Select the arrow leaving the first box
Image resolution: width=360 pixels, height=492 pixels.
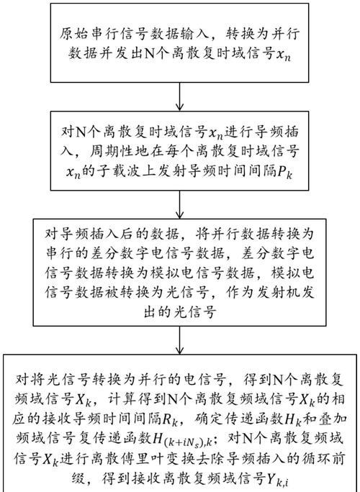click(179, 96)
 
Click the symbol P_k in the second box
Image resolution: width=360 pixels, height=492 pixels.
click(284, 172)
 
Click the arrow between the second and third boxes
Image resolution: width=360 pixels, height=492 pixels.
click(179, 204)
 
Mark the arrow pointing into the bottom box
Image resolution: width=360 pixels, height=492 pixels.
click(179, 340)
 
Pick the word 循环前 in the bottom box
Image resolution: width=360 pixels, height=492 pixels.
click(327, 457)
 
